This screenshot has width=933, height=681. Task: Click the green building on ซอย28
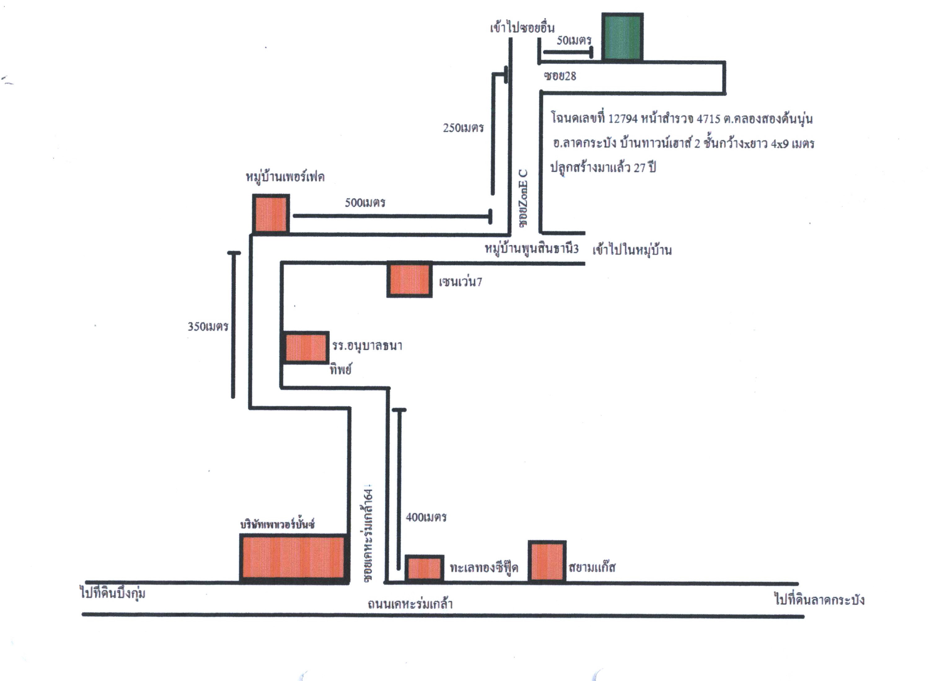tap(622, 37)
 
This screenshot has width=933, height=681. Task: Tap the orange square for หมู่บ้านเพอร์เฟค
tap(271, 214)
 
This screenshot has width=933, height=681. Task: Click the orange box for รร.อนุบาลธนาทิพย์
tap(306, 348)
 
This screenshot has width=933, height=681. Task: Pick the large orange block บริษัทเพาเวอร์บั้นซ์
tap(293, 558)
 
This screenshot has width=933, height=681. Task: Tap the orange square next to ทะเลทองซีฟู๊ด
tap(424, 568)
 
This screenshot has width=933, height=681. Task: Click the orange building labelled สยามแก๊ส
tap(547, 561)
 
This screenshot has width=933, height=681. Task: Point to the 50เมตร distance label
tap(574, 40)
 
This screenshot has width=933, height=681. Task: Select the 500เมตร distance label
tap(365, 202)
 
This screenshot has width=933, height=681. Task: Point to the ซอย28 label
tap(560, 76)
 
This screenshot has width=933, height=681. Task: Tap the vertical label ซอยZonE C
tap(523, 198)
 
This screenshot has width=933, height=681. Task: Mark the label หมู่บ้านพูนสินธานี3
tap(531, 248)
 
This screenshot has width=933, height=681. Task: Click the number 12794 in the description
tap(623, 119)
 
